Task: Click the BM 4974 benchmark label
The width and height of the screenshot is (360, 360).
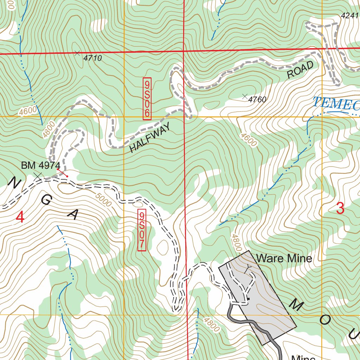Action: click(41, 165)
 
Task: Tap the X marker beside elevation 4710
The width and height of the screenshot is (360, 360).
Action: click(77, 53)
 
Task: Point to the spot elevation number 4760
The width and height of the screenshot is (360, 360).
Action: click(257, 100)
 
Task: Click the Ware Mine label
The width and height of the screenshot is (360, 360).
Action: click(284, 259)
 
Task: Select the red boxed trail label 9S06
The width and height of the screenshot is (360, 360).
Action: click(147, 99)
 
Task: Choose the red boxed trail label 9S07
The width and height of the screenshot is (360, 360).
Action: click(142, 231)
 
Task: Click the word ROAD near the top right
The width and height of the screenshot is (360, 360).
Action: click(300, 70)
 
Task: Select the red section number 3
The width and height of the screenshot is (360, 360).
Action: click(340, 208)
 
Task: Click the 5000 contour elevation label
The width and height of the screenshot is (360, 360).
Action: click(103, 201)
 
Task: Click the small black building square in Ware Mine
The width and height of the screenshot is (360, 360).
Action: click(248, 299)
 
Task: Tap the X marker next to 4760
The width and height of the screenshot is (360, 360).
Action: click(245, 96)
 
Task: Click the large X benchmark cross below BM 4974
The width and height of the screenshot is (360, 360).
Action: click(38, 176)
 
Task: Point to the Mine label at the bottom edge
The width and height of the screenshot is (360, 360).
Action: click(303, 357)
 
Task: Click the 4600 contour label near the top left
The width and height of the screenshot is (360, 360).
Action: click(28, 111)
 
